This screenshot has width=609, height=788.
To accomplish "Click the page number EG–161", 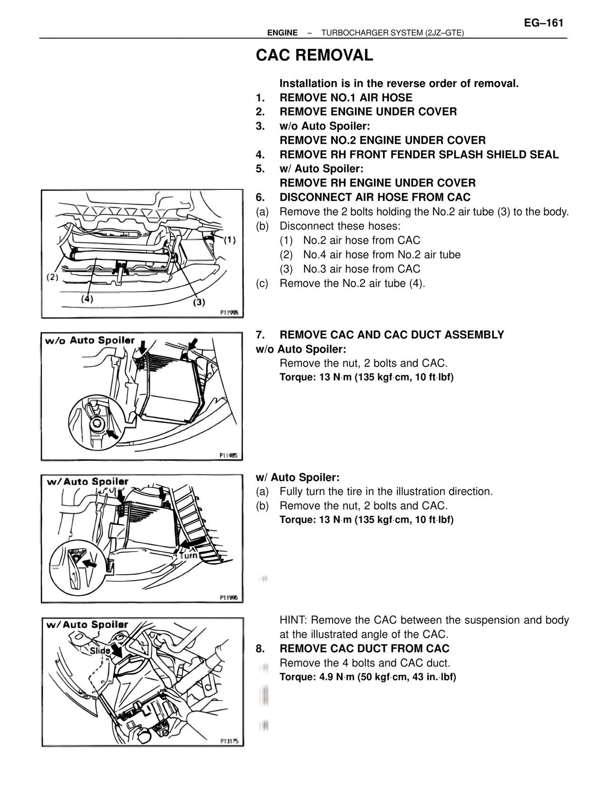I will pos(543,23).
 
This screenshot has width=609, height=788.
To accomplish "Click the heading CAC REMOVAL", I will pos(314,56).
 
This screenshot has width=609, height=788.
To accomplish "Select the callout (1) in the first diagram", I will pos(230,240).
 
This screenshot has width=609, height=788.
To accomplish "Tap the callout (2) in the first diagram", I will pos(52,277).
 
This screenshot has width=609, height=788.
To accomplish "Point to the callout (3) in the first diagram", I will pos(199,302).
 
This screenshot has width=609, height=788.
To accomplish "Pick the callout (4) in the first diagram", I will pos(87,299).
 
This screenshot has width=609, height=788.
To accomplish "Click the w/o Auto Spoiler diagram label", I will pos(90,341).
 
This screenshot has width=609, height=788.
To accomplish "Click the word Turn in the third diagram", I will pos(189,555).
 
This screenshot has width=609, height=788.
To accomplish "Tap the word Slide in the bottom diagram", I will pos(100,650).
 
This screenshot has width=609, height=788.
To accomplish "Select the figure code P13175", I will pos(230,741).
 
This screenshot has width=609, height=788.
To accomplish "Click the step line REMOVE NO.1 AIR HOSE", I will pos(346,98).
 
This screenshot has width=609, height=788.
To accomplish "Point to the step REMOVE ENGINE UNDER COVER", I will pos(368,112).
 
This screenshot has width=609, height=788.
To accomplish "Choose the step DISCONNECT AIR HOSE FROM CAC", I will pos(375,197).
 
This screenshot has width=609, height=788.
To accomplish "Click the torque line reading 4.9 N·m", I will pos(367,677).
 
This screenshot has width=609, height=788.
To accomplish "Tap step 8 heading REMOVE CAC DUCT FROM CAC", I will pos(364,649).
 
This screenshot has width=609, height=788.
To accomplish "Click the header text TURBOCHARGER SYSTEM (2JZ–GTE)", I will pos(393,33).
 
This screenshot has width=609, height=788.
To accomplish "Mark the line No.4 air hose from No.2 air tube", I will pos(382,255).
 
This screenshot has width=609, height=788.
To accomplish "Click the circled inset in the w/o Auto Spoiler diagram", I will pos(95,422).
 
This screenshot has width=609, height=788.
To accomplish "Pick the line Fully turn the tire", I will pos(386,492).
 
